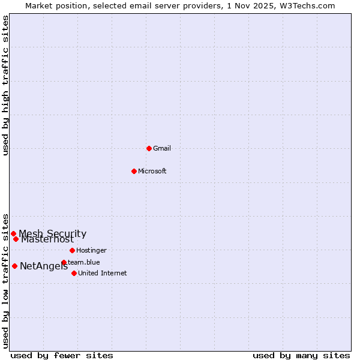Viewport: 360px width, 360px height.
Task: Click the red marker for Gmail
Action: point(149,148)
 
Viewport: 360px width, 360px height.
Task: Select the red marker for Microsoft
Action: point(134,171)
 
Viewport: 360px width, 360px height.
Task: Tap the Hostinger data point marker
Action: point(72,250)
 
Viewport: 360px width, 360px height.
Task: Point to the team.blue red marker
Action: point(64,262)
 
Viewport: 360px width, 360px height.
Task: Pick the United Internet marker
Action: point(74,273)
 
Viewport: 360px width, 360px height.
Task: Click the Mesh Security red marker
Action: point(13,233)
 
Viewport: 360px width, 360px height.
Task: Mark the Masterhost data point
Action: point(16,239)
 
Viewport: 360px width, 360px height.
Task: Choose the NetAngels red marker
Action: point(14,266)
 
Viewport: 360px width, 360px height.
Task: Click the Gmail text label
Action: point(162,148)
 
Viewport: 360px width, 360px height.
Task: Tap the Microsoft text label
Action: point(152,171)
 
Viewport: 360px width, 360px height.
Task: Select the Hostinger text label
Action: point(92,250)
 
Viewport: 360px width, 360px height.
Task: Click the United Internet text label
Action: point(103,273)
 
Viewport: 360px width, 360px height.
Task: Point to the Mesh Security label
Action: point(53,233)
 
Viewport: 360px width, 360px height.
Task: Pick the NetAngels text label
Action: point(44,266)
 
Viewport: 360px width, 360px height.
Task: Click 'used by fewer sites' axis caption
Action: point(62,355)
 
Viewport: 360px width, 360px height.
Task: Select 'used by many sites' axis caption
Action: point(301,355)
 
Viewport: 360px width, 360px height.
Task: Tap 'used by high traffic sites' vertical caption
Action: point(6,85)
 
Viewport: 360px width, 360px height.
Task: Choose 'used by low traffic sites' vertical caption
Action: point(6,281)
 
